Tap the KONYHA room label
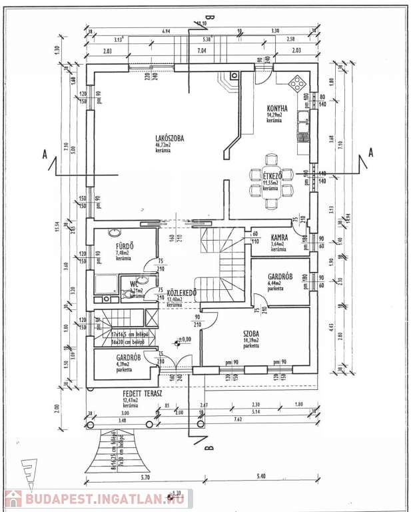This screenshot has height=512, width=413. [277, 108]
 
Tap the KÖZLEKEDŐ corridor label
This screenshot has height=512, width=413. [181, 293]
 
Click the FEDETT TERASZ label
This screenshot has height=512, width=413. [139, 394]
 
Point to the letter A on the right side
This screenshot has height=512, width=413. [371, 153]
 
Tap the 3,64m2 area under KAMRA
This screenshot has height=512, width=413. [278, 245]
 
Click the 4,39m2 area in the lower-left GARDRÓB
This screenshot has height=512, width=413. [123, 364]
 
